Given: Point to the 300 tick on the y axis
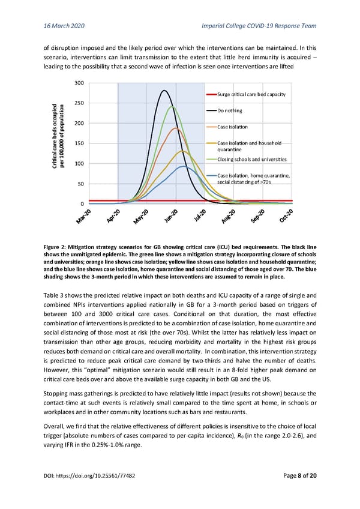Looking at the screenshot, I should pos(79,82).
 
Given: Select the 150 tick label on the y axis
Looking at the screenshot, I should pos(79,143).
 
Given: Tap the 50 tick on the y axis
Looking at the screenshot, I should pos(80,184).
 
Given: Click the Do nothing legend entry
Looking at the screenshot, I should pos(230,111).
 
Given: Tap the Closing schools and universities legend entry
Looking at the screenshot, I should pos(251,159).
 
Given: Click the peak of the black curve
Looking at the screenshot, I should pos(164,91).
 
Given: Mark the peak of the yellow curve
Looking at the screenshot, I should pos(183,151).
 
